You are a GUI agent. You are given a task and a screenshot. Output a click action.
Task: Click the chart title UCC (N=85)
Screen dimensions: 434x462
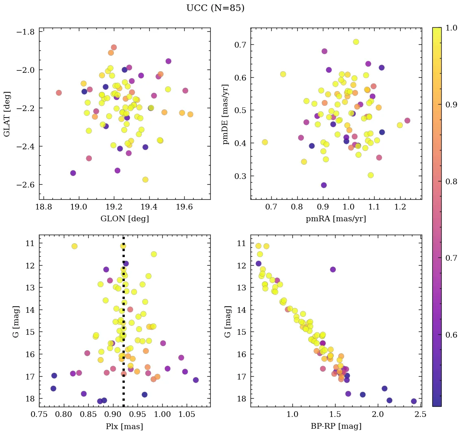[215, 9]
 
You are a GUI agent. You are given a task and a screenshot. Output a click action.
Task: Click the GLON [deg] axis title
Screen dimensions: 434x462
[124, 219]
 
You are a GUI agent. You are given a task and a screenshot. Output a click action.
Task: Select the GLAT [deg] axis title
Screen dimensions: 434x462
[7, 113]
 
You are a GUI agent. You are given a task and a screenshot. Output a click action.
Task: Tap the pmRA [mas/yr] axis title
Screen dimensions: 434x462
[336, 219]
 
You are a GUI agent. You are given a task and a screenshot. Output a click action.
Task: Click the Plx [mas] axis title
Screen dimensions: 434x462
[124, 426]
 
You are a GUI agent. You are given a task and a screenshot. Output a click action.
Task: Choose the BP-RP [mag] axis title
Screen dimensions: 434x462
[336, 426]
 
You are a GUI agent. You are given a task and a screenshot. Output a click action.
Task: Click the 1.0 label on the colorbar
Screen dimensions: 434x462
[451, 28]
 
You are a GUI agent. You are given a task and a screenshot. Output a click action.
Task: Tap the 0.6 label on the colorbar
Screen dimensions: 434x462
[451, 335]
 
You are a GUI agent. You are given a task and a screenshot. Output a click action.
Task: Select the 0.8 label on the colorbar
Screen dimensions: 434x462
[451, 181]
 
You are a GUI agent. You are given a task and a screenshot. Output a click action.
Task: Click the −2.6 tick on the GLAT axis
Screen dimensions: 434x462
[25, 185]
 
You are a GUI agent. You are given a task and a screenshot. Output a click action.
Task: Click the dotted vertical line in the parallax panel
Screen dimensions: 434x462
[123, 325]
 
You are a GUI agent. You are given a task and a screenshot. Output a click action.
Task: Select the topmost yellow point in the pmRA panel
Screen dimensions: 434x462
[356, 42]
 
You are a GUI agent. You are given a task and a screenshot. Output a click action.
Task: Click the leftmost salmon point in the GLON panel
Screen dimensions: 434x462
[59, 93]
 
